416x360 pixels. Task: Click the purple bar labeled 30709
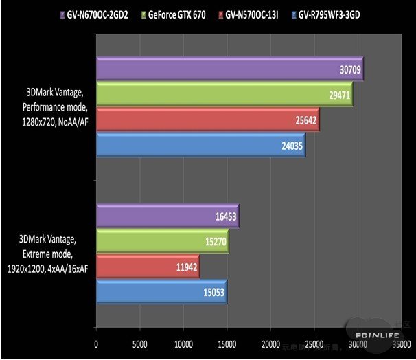229,69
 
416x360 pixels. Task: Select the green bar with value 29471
224,95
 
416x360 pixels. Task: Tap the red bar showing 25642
207,120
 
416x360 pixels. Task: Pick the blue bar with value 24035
200,145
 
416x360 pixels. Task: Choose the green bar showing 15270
162,241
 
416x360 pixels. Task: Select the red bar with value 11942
148,266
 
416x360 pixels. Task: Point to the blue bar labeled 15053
161,291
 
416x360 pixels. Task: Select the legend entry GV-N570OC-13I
251,14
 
